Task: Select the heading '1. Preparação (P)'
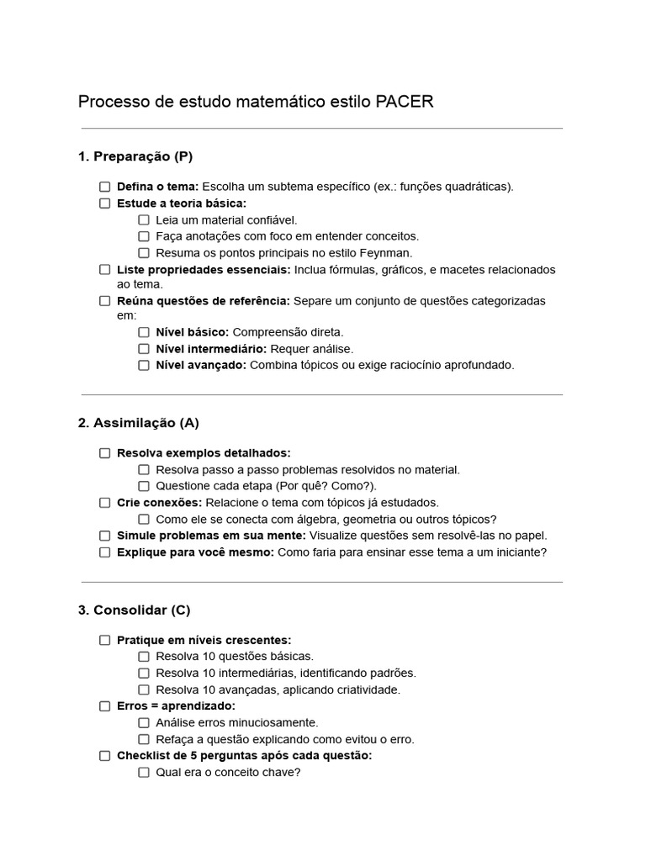click(x=135, y=156)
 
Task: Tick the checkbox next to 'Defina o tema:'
click(x=105, y=187)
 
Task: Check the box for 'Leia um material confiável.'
click(x=144, y=219)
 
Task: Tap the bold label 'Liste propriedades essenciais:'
click(x=204, y=270)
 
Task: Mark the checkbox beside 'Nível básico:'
click(x=144, y=332)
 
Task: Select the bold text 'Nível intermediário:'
click(x=211, y=349)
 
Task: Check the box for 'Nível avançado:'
click(x=144, y=365)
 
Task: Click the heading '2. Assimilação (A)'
click(x=139, y=423)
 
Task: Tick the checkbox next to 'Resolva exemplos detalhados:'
click(x=105, y=453)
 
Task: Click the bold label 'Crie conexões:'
click(x=159, y=503)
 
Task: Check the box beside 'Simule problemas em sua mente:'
click(x=105, y=536)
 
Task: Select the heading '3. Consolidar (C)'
click(x=135, y=610)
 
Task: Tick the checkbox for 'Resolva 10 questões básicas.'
click(x=144, y=657)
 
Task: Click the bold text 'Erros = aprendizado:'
click(x=176, y=706)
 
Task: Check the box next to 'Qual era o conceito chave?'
click(x=144, y=772)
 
